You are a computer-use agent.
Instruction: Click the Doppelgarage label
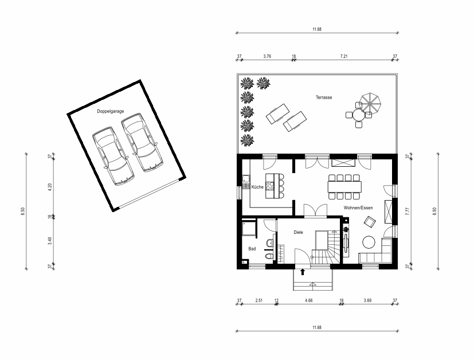tap(111, 111)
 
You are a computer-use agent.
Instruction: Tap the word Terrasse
tap(324, 97)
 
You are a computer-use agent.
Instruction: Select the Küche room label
tap(257, 187)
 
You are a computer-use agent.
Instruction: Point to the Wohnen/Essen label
tap(358, 208)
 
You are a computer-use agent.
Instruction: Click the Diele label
tap(298, 232)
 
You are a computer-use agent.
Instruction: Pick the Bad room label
tap(252, 248)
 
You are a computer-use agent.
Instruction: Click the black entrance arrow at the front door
tap(302, 272)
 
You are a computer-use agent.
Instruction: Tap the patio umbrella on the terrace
tap(370, 104)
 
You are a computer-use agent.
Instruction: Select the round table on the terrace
tap(359, 115)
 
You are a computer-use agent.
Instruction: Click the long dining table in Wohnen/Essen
tap(344, 186)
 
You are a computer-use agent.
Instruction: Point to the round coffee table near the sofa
tap(369, 242)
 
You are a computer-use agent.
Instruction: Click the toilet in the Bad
tap(269, 257)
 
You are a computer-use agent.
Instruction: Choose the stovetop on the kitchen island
tap(270, 186)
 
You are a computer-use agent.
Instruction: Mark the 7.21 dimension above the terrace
tap(344, 56)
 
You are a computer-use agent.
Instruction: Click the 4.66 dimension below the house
tap(308, 300)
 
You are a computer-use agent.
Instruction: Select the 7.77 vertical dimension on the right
tap(407, 211)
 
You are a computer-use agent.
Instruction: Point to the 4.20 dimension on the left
tap(50, 187)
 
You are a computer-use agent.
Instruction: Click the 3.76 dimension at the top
tap(267, 56)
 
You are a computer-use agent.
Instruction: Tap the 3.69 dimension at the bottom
tap(367, 300)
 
